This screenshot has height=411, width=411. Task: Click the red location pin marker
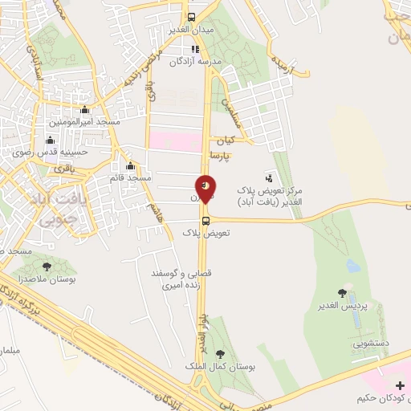[206, 188]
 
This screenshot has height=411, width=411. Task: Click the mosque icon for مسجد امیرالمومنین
[85, 111]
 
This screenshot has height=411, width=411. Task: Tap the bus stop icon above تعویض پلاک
[206, 222]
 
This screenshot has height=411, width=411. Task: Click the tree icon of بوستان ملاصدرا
[47, 266]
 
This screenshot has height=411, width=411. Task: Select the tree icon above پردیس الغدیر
[344, 293]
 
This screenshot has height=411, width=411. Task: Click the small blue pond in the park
[352, 263]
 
